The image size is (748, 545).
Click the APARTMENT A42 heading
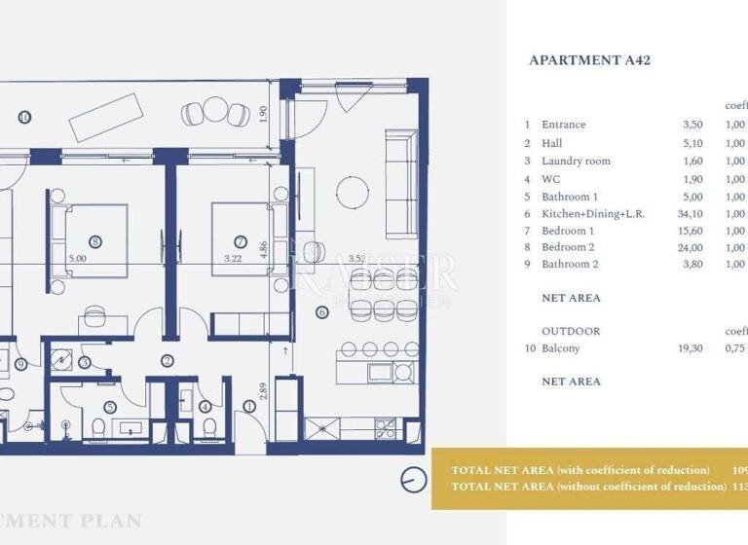589,60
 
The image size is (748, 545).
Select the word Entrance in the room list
564,125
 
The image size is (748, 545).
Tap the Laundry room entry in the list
576,161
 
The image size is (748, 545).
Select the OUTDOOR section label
571,331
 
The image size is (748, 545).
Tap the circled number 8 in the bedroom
94,241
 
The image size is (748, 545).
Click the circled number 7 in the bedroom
240,241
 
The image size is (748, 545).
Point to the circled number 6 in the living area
322,312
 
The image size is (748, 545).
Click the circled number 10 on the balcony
24,117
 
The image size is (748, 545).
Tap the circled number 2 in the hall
167,360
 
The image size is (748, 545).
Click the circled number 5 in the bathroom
110,407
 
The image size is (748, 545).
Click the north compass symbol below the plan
414,479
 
